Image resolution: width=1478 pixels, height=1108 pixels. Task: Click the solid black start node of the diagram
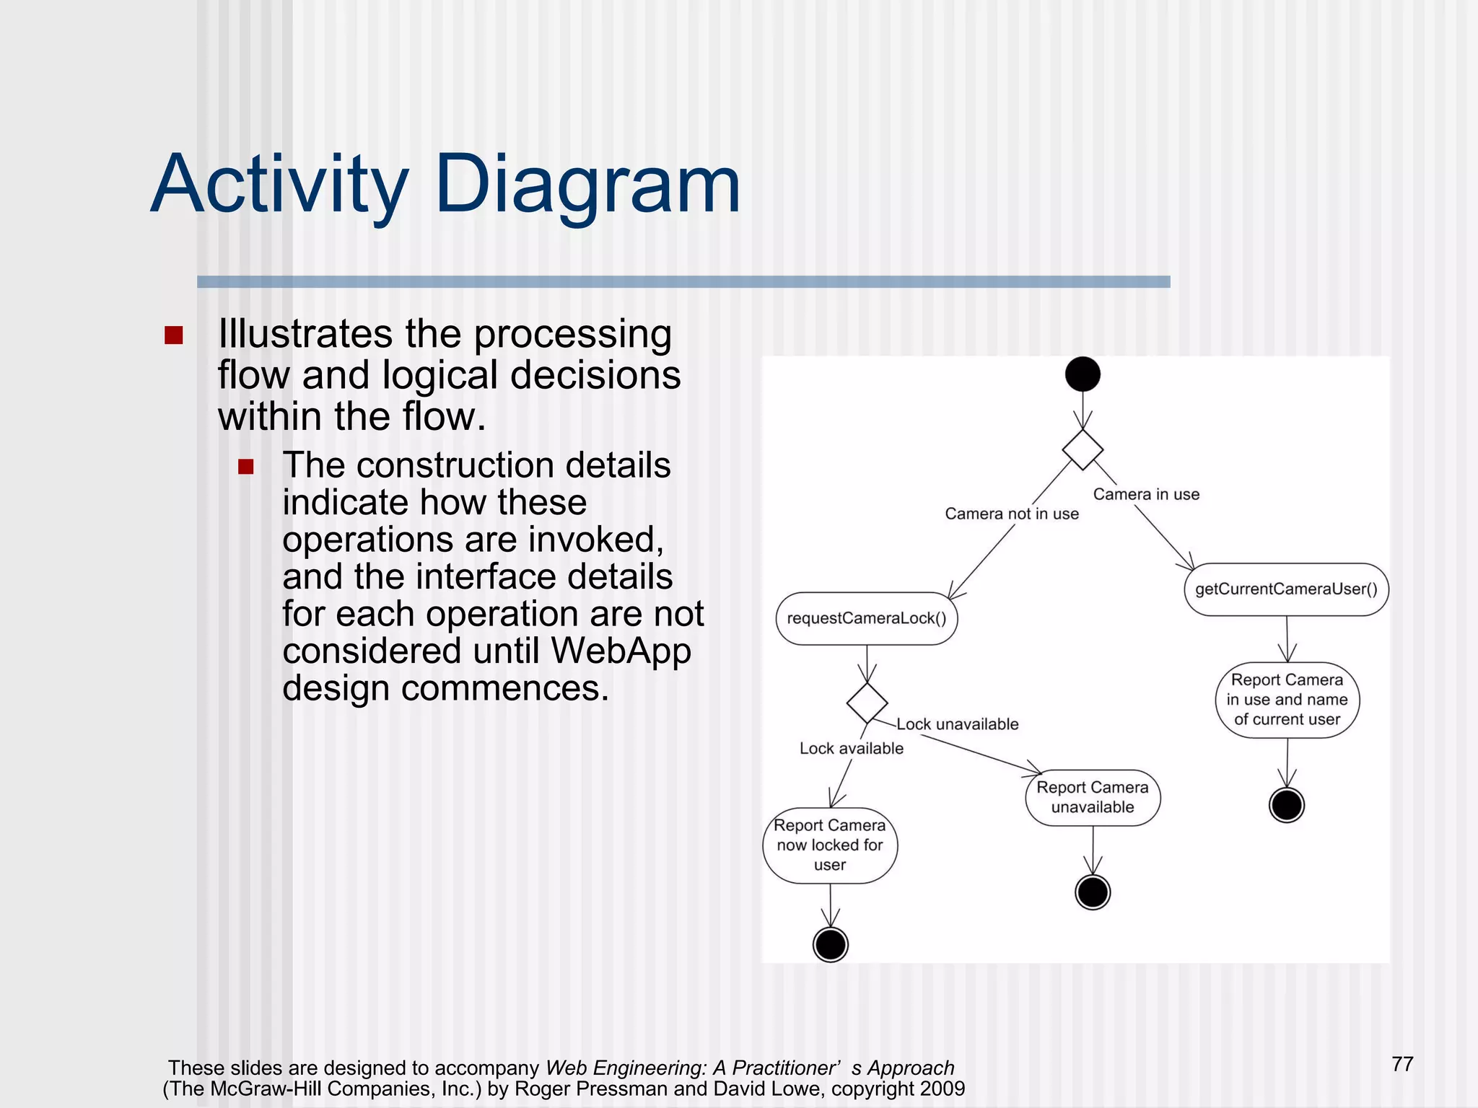(1083, 374)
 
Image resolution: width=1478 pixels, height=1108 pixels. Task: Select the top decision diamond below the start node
(1083, 449)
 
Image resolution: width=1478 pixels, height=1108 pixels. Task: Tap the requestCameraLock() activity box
(866, 618)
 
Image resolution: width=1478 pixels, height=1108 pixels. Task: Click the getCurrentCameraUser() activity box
(1286, 589)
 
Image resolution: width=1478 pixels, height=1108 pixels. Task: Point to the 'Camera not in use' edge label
(1012, 514)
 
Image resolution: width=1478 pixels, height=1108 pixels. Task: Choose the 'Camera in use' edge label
(1146, 494)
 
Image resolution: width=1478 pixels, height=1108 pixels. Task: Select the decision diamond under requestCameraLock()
(867, 703)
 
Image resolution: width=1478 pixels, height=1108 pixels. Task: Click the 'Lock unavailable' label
(958, 724)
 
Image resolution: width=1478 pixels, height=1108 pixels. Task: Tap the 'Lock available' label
(851, 748)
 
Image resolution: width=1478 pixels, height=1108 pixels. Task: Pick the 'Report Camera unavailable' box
(1093, 797)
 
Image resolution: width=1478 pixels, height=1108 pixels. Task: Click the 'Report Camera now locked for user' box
(830, 845)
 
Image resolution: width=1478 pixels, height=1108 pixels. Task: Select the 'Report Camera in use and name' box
(1287, 699)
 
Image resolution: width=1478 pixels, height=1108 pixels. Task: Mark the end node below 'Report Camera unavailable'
(1093, 892)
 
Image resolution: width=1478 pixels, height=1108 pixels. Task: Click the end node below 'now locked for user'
(831, 944)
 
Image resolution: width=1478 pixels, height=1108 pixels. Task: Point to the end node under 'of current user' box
(1287, 805)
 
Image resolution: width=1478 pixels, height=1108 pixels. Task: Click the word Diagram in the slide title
(587, 185)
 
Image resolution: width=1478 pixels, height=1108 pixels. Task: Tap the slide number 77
(1402, 1064)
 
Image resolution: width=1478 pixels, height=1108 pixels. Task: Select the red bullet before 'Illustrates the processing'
(174, 335)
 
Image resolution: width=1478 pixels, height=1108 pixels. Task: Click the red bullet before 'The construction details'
(246, 467)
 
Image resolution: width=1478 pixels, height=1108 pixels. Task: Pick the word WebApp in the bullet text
(621, 651)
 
